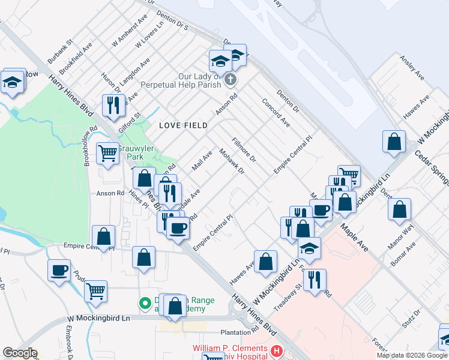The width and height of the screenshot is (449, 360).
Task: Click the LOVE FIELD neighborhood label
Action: coord(183,125)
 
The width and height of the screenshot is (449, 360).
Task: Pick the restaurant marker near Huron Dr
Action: coord(113,106)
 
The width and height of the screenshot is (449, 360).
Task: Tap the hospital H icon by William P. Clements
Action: coord(276,350)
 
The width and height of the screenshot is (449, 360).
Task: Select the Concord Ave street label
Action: coord(276,113)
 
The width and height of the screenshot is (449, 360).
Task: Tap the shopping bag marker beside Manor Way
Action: coord(399,210)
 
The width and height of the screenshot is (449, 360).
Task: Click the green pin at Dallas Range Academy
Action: coord(145,304)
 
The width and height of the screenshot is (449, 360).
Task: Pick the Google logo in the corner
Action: coord(20,353)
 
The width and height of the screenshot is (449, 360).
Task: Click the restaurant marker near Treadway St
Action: coord(315,280)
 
